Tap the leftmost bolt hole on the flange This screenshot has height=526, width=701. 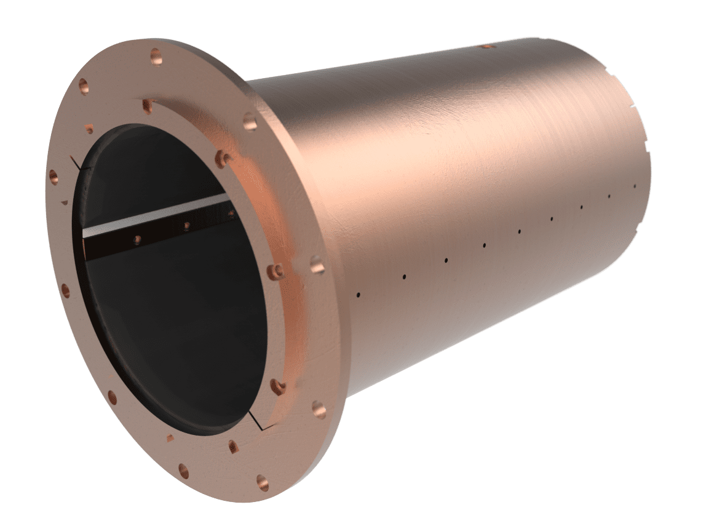pyautogui.click(x=53, y=174)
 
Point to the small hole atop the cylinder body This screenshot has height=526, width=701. pyautogui.click(x=486, y=46)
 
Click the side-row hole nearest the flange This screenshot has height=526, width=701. pyautogui.click(x=358, y=296)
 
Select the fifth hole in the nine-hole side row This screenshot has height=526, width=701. pyautogui.click(x=520, y=232)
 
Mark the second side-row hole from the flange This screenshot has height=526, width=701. pyautogui.click(x=404, y=276)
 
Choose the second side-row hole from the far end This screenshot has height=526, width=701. pyautogui.click(x=609, y=196)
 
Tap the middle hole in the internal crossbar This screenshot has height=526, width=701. pyautogui.click(x=186, y=226)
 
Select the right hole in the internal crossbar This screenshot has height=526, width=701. pyautogui.click(x=231, y=214)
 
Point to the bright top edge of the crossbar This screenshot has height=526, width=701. pyautogui.click(x=154, y=212)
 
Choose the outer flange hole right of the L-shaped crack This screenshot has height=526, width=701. pyautogui.click(x=318, y=407)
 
